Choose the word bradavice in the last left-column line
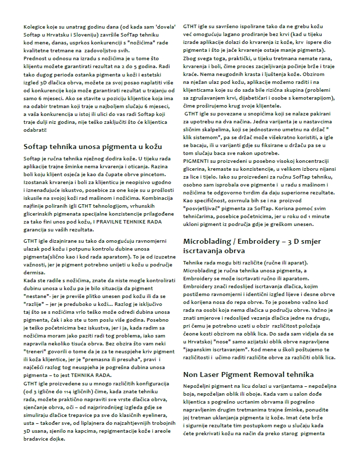pos(36,438)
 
